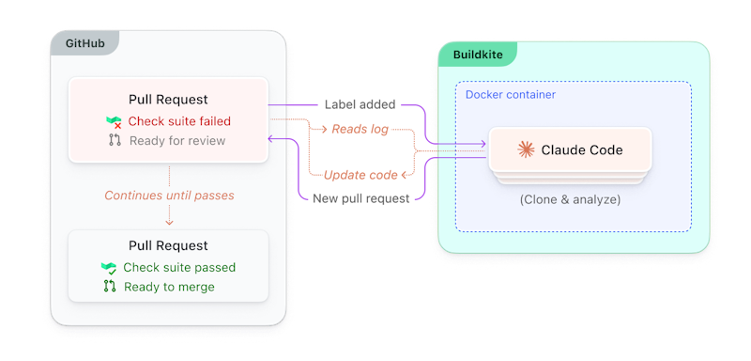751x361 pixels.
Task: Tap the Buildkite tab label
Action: coord(478,55)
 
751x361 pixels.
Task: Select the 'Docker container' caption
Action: coord(511,95)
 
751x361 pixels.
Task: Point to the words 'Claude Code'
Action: coord(582,149)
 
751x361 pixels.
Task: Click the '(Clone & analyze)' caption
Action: coord(570,199)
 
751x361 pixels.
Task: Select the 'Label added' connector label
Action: coord(360,104)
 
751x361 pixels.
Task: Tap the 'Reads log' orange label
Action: coord(360,129)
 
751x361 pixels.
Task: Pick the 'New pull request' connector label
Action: coord(361,198)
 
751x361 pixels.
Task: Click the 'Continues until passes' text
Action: coord(169,196)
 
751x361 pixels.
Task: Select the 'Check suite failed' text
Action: coord(179,121)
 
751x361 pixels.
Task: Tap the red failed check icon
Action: coord(114,122)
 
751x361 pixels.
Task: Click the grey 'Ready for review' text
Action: coord(176,141)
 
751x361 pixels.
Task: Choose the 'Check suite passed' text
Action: coord(179,267)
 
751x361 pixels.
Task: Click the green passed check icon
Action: coord(109,267)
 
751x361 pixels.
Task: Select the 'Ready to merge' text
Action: coord(169,287)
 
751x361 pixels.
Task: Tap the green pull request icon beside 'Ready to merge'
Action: coord(109,287)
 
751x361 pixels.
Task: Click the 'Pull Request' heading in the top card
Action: coord(168,100)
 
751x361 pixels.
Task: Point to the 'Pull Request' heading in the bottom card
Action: coord(168,245)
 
